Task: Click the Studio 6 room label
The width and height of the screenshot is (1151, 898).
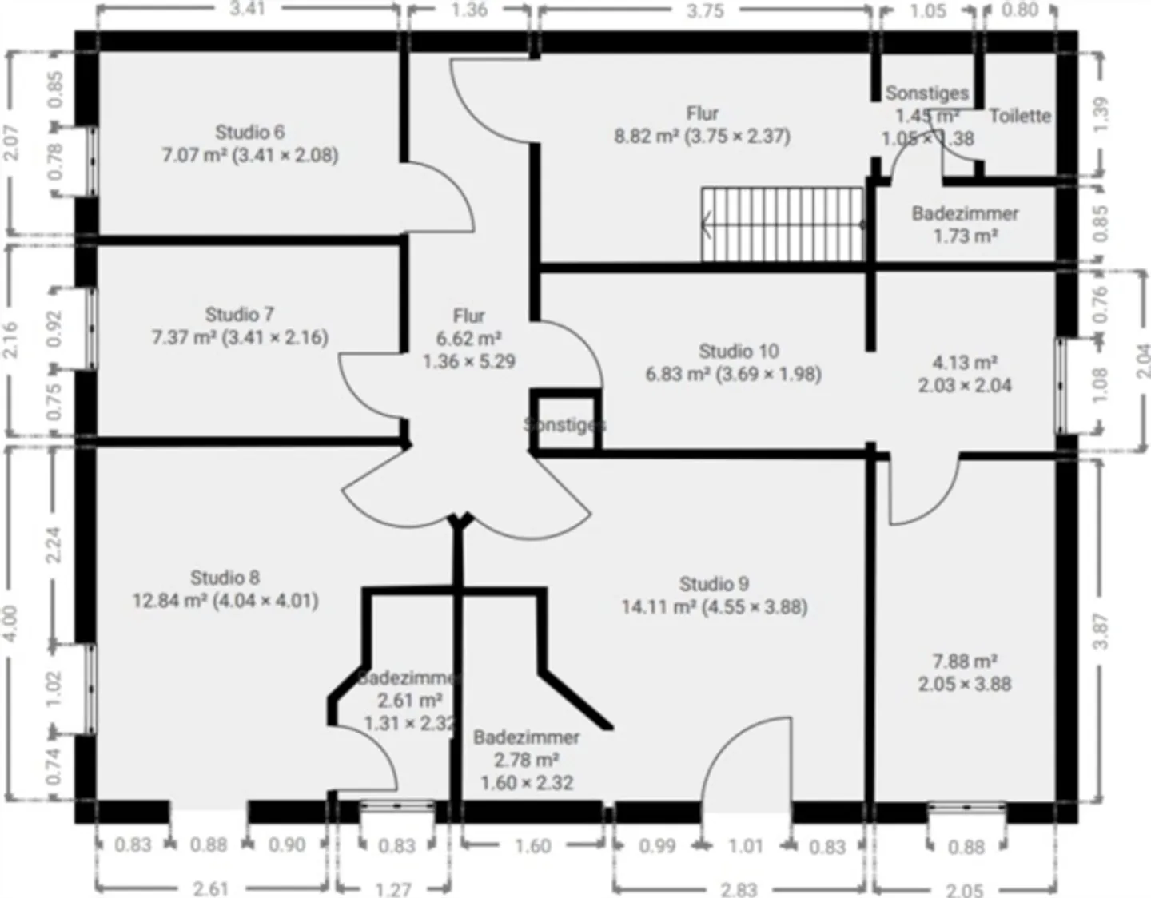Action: (249, 133)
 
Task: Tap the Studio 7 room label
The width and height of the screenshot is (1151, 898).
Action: (239, 315)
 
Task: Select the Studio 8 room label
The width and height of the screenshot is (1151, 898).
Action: (225, 578)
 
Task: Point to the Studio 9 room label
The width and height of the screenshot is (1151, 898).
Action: (714, 584)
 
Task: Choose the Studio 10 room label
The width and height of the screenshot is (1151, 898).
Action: (738, 352)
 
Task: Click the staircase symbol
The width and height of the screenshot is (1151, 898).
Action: (783, 224)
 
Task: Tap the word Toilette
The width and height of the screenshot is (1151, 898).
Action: (1019, 116)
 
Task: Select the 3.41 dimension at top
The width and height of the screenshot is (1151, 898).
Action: (247, 9)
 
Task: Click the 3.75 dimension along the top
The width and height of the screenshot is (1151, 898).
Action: (705, 10)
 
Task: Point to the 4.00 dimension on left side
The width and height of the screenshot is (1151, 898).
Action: (10, 622)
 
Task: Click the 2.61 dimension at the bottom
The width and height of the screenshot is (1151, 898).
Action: (211, 888)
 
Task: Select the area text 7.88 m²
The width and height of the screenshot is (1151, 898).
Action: (964, 662)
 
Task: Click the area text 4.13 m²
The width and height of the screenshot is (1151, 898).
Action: (964, 363)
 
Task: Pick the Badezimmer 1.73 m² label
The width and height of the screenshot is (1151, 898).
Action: (965, 224)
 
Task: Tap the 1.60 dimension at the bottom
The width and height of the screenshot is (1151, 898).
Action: (532, 845)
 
